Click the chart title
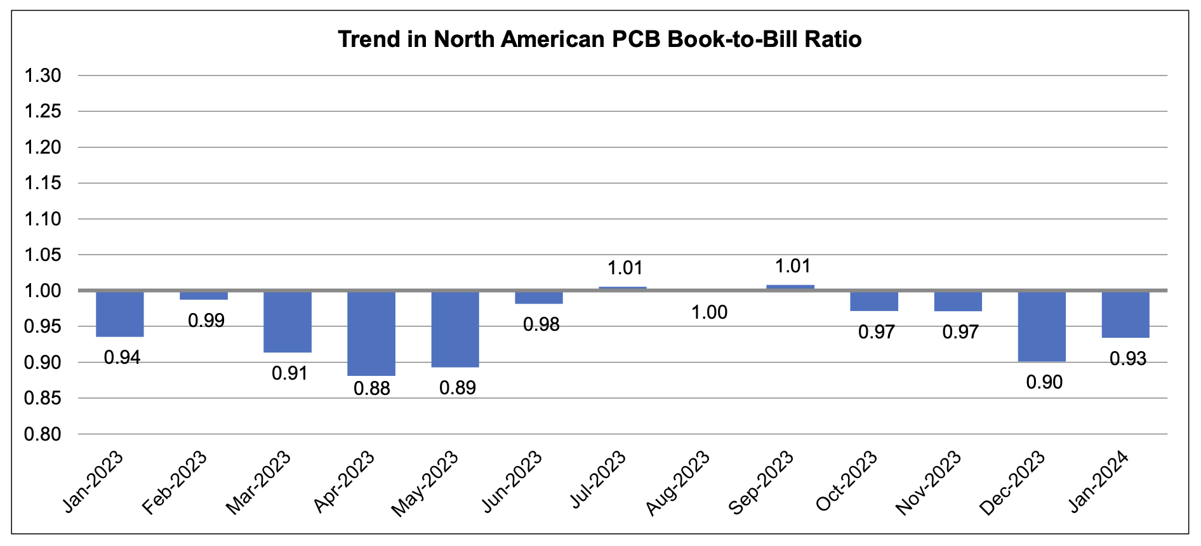coord(599,39)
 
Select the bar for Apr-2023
coord(371,333)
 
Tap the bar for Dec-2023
coord(1042,326)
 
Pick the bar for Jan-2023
coord(120,314)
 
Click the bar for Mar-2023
coord(288,322)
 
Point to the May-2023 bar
coord(455,329)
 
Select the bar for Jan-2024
coord(1125,314)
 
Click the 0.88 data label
coord(372,388)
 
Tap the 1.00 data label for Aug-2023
coord(709,312)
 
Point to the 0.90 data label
coord(1044,382)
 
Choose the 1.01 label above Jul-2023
coord(625,268)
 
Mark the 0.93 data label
coord(1128,359)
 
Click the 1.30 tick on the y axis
coord(43,76)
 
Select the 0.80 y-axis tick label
coord(43,434)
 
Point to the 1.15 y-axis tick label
coord(43,183)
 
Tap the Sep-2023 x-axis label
coord(761,483)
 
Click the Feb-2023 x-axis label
coord(175,483)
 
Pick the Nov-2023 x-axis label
coord(928,483)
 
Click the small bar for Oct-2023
coord(874,301)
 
